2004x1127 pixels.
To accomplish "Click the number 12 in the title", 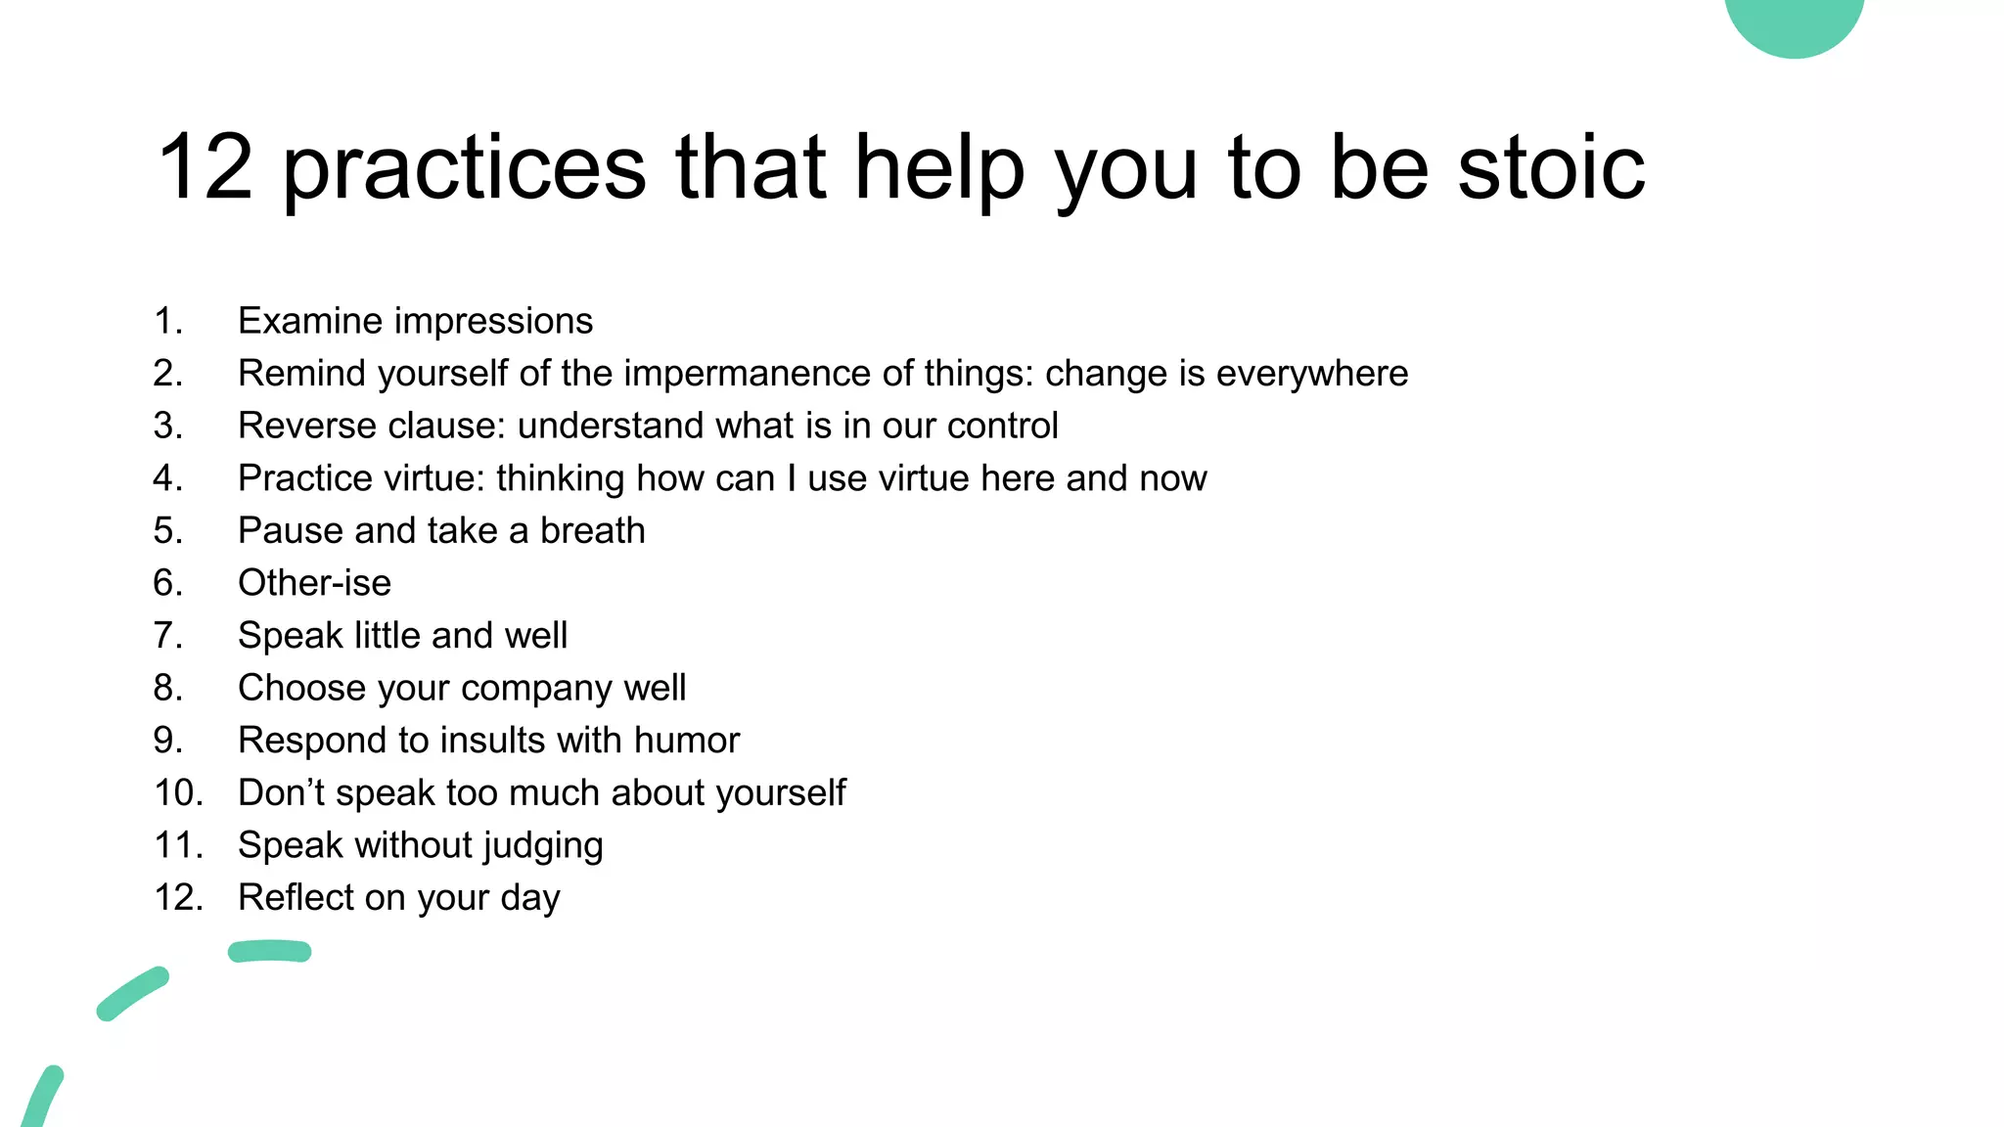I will coord(205,168).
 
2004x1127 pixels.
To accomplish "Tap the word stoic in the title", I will coord(1551,168).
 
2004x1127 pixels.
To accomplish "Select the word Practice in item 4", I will coord(305,478).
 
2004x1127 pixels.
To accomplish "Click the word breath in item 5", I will coord(593,530).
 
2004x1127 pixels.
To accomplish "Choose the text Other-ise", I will coord(314,583).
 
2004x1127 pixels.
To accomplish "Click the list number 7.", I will coord(167,636).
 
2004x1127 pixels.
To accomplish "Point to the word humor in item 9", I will coord(686,741).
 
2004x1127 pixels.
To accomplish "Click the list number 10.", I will coord(178,793).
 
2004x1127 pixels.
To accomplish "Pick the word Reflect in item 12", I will coord(296,898).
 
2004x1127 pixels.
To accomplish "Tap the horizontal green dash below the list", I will coord(269,951).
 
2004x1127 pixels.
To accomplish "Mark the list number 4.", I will coord(167,478).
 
